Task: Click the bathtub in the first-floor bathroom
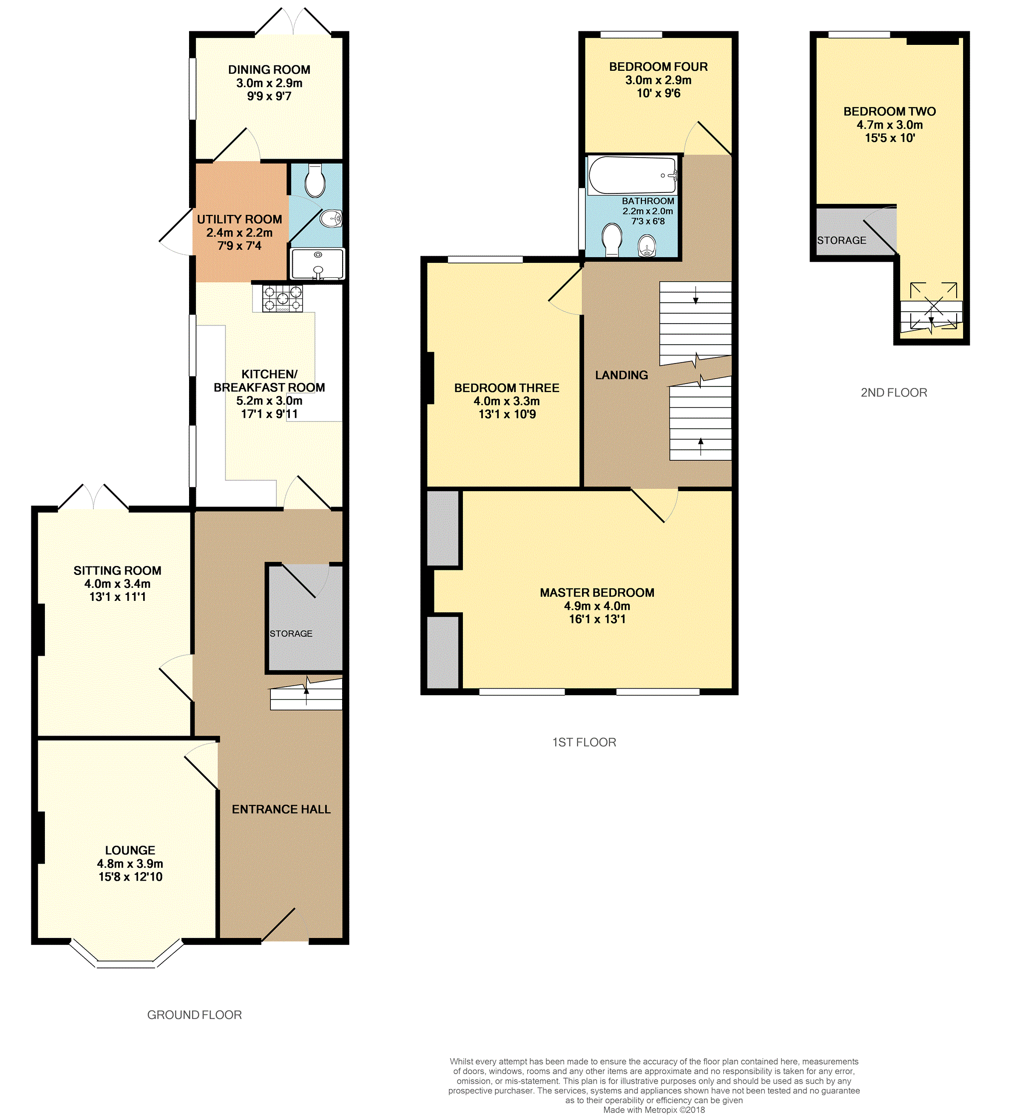pos(632,175)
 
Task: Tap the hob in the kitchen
pos(282,298)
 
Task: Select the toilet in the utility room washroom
pos(315,180)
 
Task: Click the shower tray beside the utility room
pos(318,264)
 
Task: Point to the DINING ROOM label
pos(269,70)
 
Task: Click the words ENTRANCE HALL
pos(281,809)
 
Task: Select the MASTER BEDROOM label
pos(597,592)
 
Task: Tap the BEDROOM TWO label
pos(890,112)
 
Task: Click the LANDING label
pos(621,375)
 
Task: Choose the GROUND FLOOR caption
pos(194,1014)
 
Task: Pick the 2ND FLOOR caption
pos(893,392)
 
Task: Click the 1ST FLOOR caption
pos(584,742)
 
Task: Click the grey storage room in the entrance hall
pos(305,618)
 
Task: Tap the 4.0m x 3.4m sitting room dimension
pos(118,583)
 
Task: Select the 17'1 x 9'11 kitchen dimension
pos(269,414)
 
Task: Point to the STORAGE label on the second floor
pos(841,240)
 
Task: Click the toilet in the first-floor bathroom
pos(612,239)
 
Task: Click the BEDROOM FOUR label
pos(658,66)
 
